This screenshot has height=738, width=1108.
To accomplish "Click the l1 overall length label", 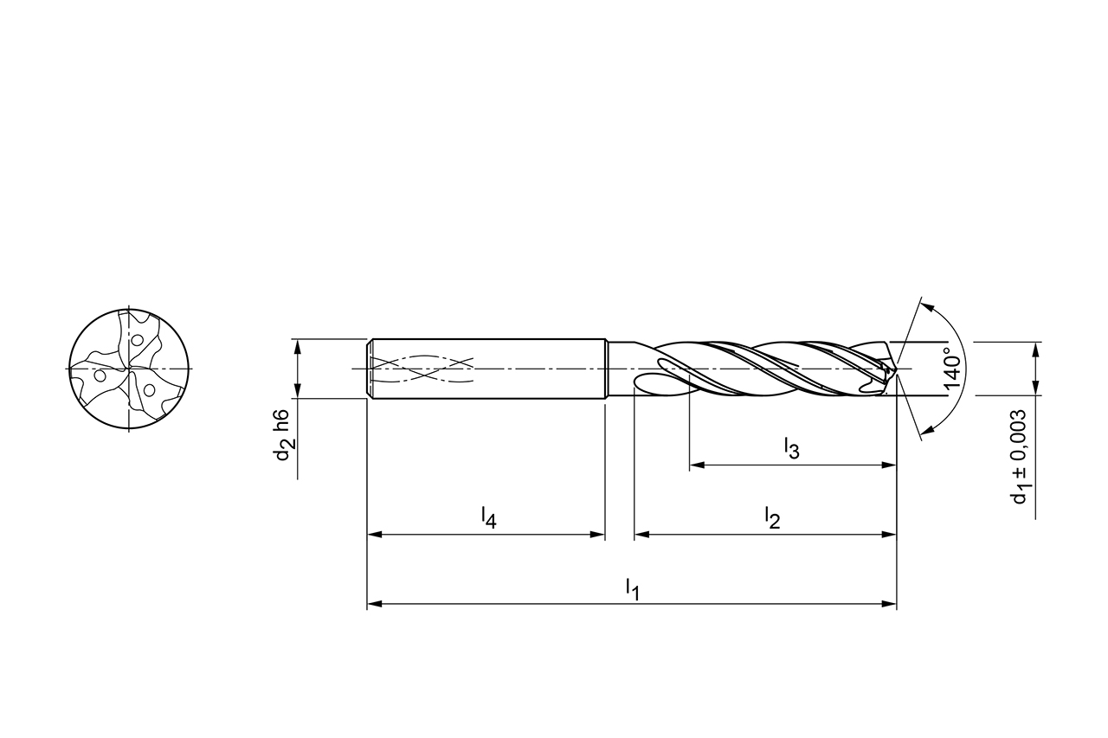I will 632,588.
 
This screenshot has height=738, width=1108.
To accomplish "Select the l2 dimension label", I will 772,518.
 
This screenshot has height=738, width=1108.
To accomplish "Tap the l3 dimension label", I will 791,448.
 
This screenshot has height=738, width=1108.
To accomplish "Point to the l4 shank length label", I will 488,518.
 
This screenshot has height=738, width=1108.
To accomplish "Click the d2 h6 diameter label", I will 285,436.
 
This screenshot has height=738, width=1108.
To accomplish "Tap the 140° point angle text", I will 952,370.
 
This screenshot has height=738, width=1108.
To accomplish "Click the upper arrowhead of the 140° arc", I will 925,305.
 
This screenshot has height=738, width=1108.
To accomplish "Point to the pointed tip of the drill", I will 896,370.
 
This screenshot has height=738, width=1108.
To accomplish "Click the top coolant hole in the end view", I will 135,339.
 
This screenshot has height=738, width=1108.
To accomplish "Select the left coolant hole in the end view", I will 100,376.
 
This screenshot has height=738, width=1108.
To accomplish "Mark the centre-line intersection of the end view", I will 128,369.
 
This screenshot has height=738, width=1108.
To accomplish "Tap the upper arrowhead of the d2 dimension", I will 297,345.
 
